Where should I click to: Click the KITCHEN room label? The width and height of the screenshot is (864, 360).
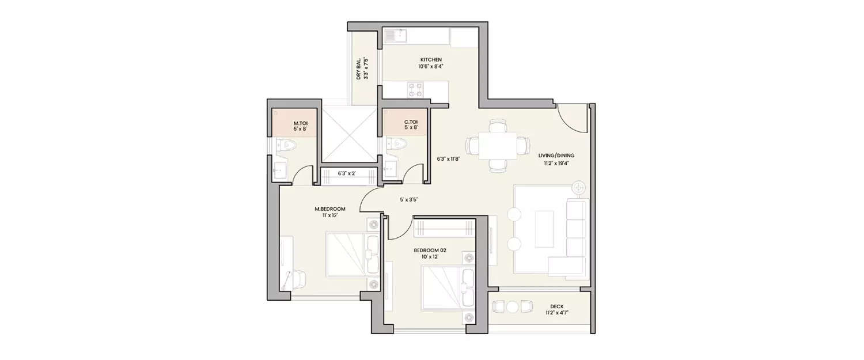tap(431, 60)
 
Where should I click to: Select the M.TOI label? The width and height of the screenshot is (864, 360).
tap(300, 123)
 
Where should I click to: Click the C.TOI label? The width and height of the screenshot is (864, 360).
tap(411, 122)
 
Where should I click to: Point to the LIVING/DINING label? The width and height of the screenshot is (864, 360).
tap(556, 156)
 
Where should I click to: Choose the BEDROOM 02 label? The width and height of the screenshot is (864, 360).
tap(430, 250)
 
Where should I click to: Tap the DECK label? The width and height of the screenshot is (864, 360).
tap(556, 306)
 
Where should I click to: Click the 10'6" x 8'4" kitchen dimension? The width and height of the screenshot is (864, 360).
tap(431, 66)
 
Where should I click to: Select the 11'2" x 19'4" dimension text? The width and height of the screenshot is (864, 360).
tap(556, 162)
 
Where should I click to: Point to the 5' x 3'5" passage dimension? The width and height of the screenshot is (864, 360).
tap(408, 200)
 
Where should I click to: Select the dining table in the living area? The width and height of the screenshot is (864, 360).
tap(497, 145)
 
